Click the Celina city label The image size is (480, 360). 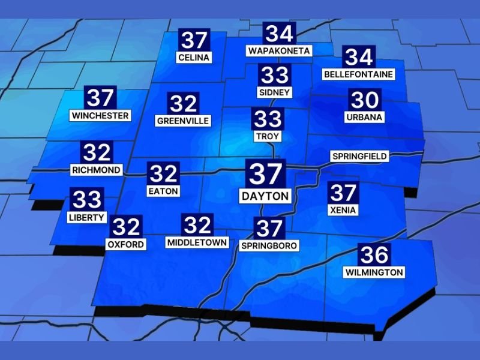[194, 58]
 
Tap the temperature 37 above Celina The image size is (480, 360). [194, 40]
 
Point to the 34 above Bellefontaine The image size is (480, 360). [359, 57]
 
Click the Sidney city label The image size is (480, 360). [275, 92]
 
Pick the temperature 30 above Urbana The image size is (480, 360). [365, 100]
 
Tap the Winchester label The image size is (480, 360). [100, 115]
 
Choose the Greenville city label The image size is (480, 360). [183, 121]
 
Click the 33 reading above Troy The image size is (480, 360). [268, 119]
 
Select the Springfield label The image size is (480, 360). [359, 157]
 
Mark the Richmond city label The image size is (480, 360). [97, 170]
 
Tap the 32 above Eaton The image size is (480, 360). [163, 174]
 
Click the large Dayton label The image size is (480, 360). [265, 196]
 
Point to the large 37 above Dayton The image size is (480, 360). [265, 173]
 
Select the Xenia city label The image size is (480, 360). [343, 210]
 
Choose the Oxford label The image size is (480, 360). [125, 244]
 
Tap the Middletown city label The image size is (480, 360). [197, 242]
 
